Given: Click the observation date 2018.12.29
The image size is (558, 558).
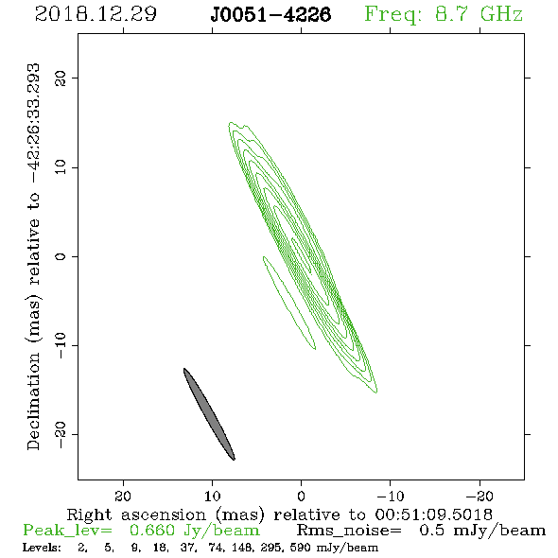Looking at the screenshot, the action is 96,14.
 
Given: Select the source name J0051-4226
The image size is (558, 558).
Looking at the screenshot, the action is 270,14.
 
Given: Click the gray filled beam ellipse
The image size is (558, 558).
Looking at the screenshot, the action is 209,414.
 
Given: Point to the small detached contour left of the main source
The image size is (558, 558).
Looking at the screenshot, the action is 289,303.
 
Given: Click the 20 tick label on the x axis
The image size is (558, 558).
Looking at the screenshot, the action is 123,497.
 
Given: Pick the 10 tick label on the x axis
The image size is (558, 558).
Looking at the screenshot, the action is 213,497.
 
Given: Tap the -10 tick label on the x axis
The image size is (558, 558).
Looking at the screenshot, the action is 390,497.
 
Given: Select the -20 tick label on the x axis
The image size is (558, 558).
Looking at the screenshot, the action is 480,497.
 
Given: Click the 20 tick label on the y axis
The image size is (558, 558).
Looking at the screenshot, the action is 61,78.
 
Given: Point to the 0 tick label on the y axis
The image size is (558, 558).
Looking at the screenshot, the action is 61,256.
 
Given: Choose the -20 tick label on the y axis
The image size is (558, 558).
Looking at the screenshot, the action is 61,434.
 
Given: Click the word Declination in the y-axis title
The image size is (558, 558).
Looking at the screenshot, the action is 33,401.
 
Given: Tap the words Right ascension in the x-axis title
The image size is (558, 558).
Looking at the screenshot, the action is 136,515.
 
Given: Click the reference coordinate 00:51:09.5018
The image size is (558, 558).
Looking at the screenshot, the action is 433,514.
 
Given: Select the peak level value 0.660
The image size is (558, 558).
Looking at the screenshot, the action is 152,531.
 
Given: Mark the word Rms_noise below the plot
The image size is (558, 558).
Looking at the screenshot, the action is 349,531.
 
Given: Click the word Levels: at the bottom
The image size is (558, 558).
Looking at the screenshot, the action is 42,548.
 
